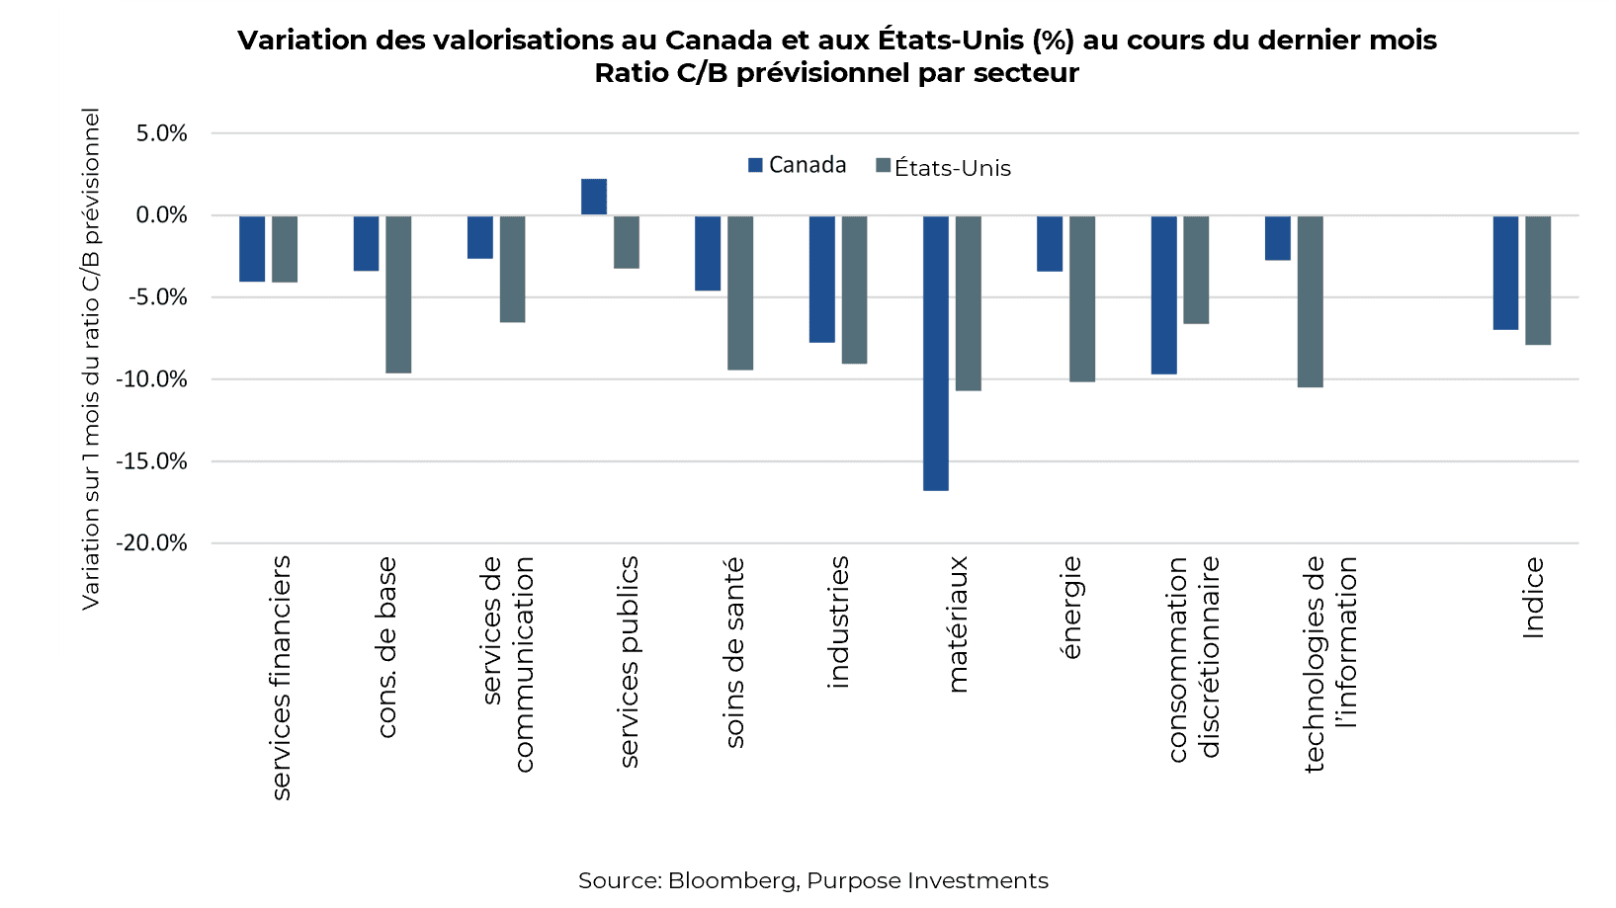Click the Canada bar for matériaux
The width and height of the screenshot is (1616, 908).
935,353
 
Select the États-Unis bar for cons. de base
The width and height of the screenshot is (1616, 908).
398,294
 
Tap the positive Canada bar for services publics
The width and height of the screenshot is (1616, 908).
594,197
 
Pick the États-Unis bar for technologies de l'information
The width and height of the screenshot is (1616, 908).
1310,301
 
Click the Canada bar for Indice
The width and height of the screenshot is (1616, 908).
1505,273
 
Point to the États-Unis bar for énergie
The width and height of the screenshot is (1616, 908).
1081,298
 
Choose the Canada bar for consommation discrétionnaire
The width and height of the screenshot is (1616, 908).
1163,294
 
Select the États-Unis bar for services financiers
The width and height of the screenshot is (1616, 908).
285,249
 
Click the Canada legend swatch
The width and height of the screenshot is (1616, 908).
756,165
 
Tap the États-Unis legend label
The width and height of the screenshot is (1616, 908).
952,168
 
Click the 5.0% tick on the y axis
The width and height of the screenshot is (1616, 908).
161,133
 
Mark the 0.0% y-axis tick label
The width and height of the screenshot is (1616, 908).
161,215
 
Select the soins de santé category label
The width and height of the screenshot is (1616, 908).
733,652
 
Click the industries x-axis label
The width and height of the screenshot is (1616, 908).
838,621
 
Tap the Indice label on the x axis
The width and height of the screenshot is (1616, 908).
1533,598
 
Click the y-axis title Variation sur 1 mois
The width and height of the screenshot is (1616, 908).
91,359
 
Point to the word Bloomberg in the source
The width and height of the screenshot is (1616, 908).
732,880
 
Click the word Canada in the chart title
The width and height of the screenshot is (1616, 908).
718,41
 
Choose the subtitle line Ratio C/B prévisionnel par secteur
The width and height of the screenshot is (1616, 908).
836,73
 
